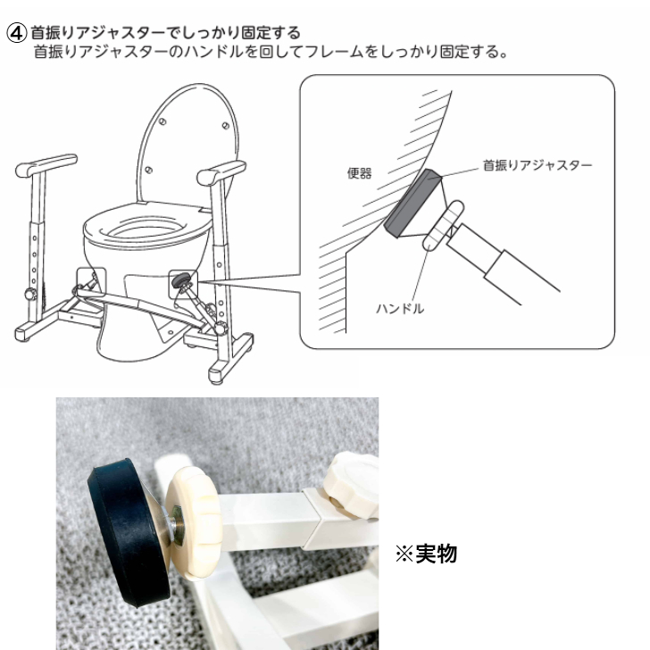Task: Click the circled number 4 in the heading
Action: pyautogui.click(x=17, y=33)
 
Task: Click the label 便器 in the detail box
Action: pyautogui.click(x=360, y=173)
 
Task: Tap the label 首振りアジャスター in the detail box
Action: pyautogui.click(x=537, y=165)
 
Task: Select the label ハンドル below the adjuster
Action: pyautogui.click(x=400, y=309)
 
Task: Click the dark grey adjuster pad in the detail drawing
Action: pyautogui.click(x=412, y=204)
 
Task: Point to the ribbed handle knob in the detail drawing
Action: pyautogui.click(x=443, y=226)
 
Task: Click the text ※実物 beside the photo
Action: pyautogui.click(x=426, y=554)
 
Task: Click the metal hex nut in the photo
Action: pyautogui.click(x=177, y=523)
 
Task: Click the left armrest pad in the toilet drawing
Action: pyautogui.click(x=46, y=165)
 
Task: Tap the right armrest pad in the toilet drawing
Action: pyautogui.click(x=221, y=172)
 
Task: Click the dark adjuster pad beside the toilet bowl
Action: pyautogui.click(x=180, y=280)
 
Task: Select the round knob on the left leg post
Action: pyautogui.click(x=30, y=294)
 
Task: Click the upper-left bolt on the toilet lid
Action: pyautogui.click(x=162, y=121)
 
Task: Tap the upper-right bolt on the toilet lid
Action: pyautogui.click(x=226, y=125)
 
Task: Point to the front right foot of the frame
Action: pyautogui.click(x=219, y=373)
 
